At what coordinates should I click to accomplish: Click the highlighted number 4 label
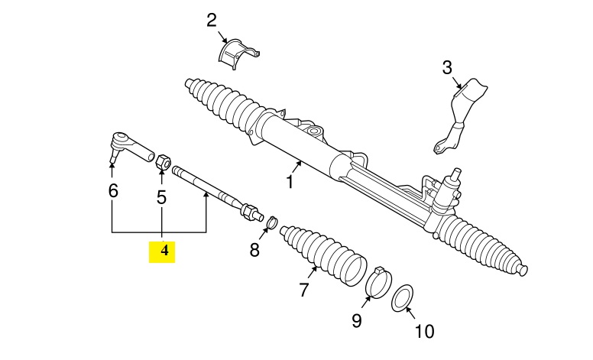tap(162, 251)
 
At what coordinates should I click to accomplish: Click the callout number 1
tap(290, 183)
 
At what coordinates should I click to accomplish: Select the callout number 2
tap(212, 21)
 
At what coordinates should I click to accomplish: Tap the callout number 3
tap(447, 69)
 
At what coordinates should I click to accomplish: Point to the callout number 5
tap(162, 197)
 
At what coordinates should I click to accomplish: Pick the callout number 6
tap(113, 191)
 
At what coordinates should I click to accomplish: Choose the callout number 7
tap(303, 290)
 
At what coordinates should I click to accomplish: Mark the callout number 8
tap(254, 249)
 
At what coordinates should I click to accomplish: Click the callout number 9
tap(357, 320)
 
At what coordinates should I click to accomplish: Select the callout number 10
tap(423, 331)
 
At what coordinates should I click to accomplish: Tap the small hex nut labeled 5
tap(162, 161)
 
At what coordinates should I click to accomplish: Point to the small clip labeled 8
tap(268, 223)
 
